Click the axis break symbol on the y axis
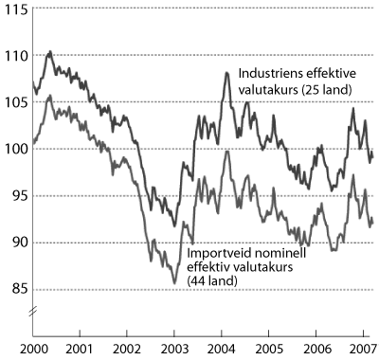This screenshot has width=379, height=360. click(32, 311)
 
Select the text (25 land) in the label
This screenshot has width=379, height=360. click(322, 90)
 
